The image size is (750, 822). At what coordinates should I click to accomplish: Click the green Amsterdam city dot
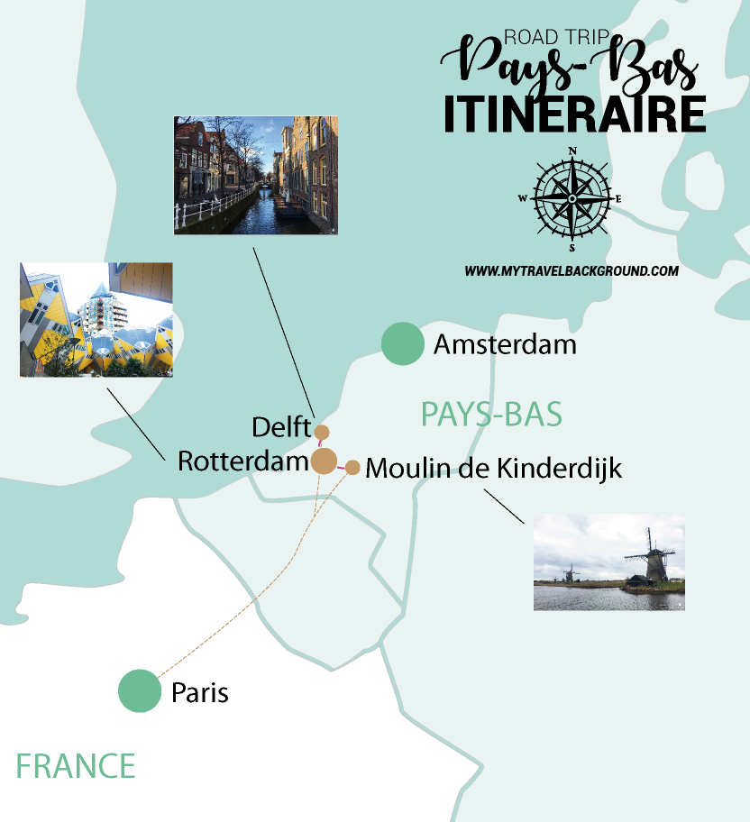pos(402,343)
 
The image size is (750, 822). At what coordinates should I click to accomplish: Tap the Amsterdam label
pos(505,344)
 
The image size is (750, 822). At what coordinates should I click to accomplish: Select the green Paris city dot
pos(140,691)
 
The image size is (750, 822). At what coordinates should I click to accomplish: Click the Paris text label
pos(200,693)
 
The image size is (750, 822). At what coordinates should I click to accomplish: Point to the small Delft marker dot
pos(322,433)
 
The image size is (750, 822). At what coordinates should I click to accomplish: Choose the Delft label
pos(281,426)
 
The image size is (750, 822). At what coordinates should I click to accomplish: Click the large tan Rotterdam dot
pos(325,461)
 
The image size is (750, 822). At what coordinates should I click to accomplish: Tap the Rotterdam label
pos(243,461)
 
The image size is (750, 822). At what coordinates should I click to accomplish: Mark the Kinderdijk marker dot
pos(352,467)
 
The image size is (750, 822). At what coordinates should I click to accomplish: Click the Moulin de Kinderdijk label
pos(494,469)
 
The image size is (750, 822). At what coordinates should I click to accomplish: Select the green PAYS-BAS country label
pos(491,415)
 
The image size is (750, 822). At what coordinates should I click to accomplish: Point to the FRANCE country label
pos(76,766)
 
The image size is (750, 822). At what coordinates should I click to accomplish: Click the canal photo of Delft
pos(256,175)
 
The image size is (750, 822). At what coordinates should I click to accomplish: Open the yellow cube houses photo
pos(96,319)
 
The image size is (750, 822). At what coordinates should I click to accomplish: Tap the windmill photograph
pos(608,562)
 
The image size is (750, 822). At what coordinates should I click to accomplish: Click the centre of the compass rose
pos(572,198)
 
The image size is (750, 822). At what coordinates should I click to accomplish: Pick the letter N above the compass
pos(572,151)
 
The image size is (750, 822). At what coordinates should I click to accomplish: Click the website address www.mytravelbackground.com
pos(572,270)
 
